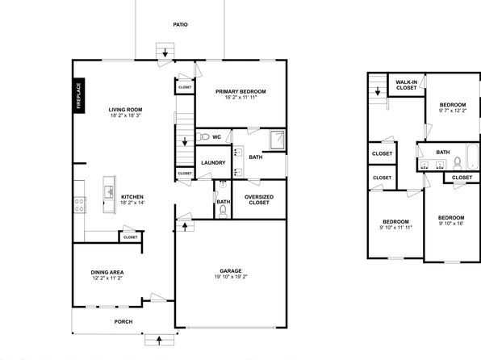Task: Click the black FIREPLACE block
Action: click(79, 95)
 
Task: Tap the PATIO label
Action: click(181, 24)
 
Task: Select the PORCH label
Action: click(123, 321)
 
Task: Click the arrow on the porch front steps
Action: click(159, 341)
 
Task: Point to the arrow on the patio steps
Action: click(165, 52)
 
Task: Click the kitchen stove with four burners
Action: click(79, 205)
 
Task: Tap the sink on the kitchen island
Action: click(109, 192)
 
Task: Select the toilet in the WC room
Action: click(203, 136)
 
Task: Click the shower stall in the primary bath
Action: click(278, 140)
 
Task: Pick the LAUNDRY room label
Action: click(213, 163)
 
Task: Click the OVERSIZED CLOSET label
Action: click(259, 200)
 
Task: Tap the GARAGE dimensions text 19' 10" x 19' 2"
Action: click(231, 277)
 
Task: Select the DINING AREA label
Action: click(107, 272)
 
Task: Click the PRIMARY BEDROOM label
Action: click(240, 91)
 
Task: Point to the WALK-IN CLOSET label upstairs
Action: click(407, 85)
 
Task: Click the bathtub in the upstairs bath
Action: click(472, 157)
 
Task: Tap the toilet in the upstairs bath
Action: click(457, 163)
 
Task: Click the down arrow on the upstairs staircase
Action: click(378, 91)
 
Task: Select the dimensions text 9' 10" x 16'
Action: click(451, 224)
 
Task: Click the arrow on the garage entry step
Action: click(185, 227)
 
